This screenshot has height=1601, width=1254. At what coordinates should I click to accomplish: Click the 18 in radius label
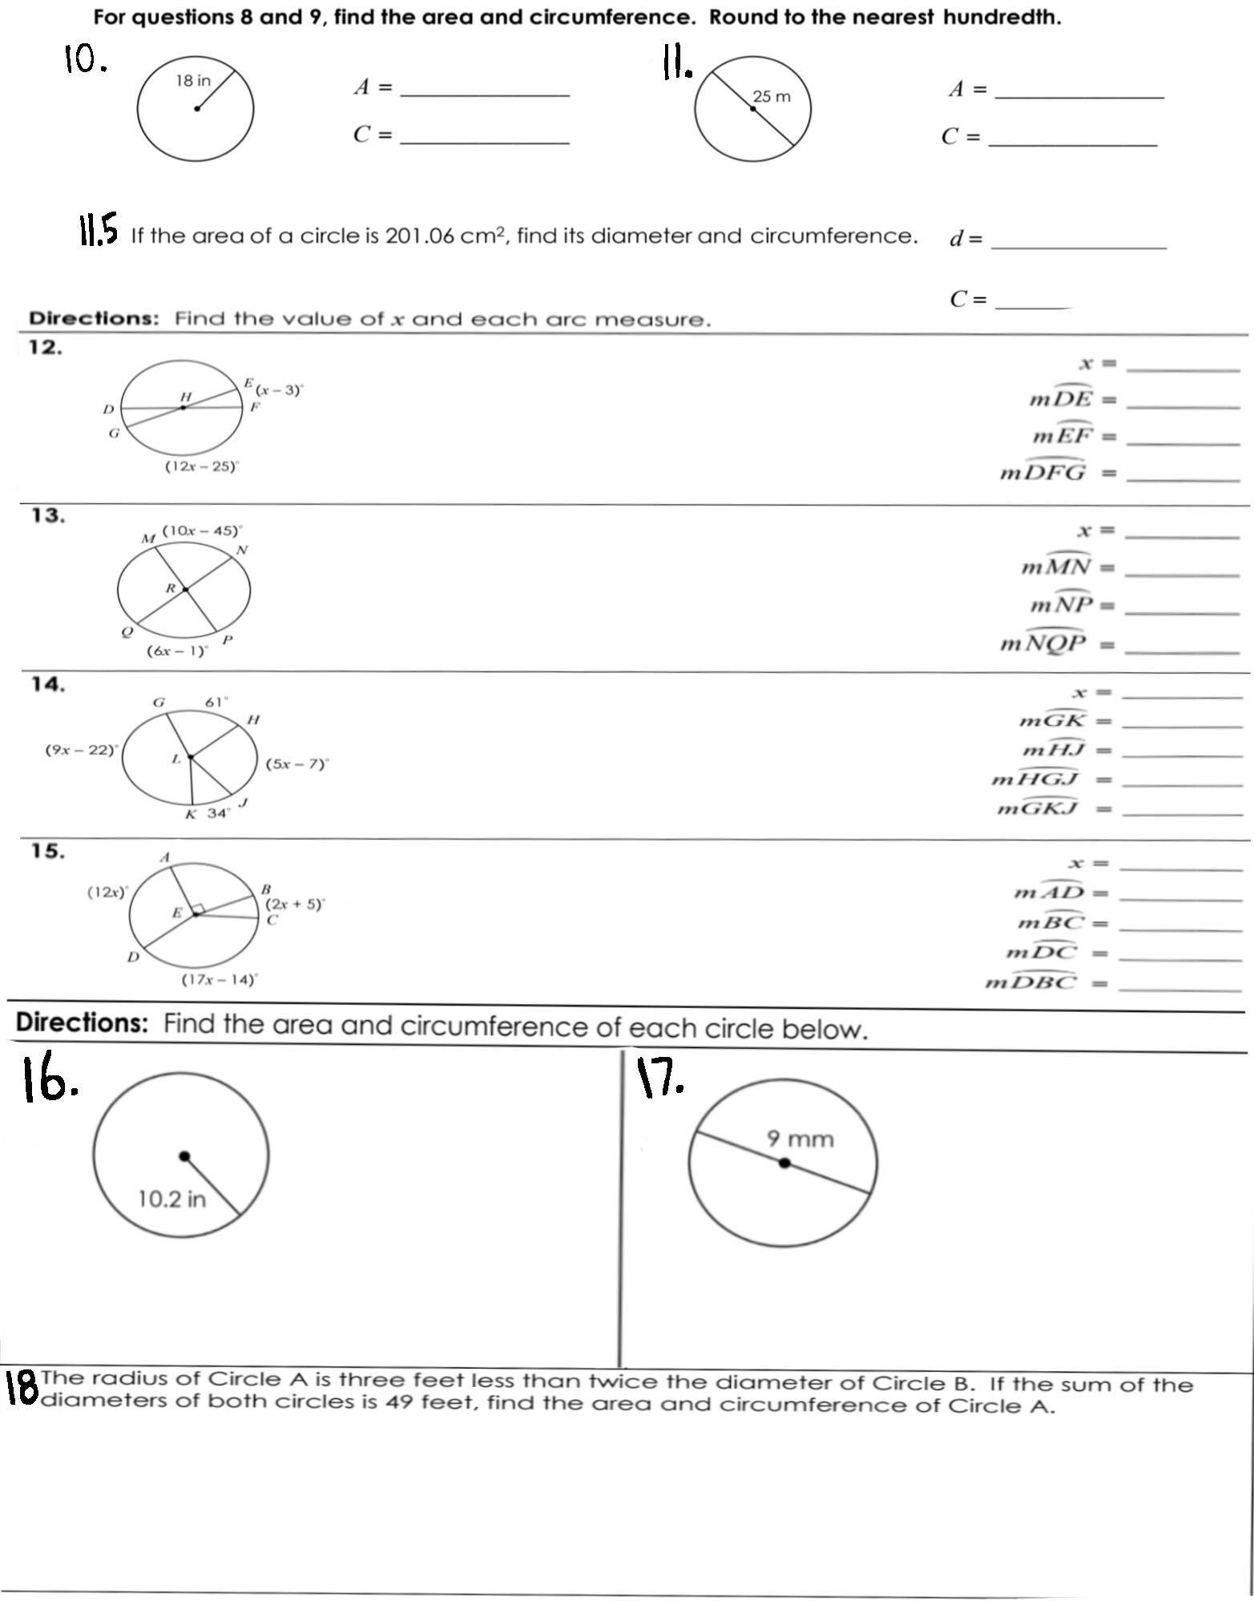[x=193, y=81]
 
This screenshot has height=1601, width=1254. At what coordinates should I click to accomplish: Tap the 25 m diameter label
[x=771, y=97]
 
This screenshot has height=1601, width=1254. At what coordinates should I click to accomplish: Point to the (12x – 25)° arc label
[x=202, y=466]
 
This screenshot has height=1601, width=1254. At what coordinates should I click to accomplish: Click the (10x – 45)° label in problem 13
[x=203, y=530]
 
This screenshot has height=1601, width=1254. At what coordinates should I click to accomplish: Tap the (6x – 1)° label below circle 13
[x=177, y=651]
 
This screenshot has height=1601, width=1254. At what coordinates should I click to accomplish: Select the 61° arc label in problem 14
[x=217, y=702]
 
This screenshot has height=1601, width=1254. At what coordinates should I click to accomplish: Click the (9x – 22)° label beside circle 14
[x=81, y=751]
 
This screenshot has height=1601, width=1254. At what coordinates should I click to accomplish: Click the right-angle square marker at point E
[x=199, y=909]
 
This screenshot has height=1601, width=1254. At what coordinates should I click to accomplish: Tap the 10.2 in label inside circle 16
[x=171, y=1199]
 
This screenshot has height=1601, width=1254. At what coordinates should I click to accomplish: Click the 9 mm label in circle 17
[x=800, y=1139]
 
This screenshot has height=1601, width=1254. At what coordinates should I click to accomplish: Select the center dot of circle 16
[x=185, y=1156]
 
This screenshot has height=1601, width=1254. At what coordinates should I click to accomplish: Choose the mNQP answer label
[x=1043, y=643]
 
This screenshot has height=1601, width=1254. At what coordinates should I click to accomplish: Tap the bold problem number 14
[x=47, y=684]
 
